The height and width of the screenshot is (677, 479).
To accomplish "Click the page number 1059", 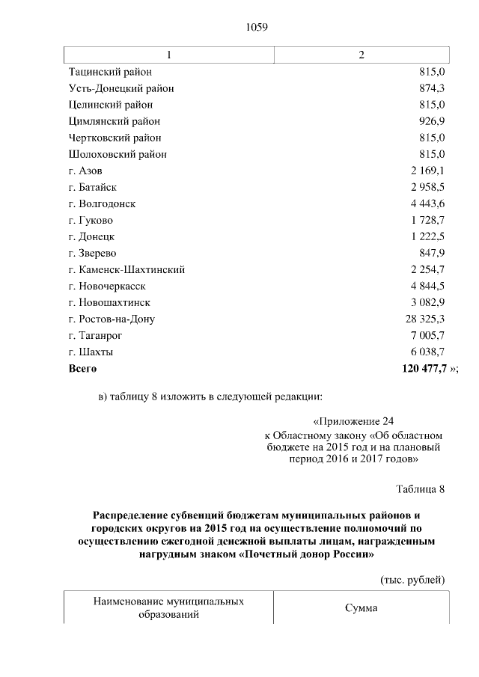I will point(257,28).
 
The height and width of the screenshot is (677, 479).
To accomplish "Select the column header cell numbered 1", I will point(169,55).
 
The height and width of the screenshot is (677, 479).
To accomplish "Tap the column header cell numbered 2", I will point(361,55).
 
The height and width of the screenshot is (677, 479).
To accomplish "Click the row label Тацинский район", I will point(110,72).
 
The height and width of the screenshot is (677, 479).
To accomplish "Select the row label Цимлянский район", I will point(115,121).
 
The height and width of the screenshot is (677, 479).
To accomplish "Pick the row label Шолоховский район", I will point(118,154).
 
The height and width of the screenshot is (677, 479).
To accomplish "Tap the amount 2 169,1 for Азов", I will point(427,171).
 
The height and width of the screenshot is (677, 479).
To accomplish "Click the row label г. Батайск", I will point(93,187).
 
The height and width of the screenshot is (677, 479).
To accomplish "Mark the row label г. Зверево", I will point(92,253).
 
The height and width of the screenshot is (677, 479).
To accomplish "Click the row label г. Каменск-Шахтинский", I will point(126,269).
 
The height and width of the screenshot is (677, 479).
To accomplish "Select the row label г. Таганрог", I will point(95,335).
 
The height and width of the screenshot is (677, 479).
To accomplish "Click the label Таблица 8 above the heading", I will point(420,490).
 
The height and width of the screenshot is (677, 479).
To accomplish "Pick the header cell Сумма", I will point(361,608).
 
